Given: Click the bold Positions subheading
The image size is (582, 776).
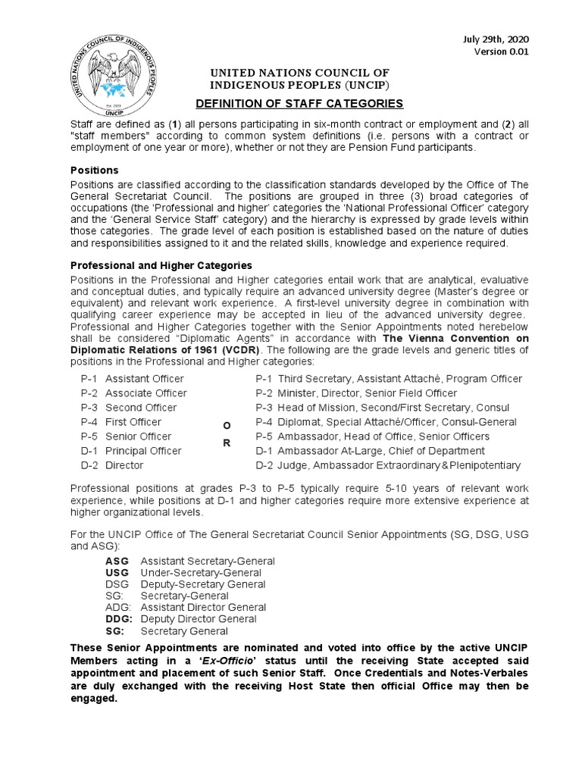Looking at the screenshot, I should pos(94,170).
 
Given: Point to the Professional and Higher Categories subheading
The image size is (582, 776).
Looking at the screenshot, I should pos(161,265).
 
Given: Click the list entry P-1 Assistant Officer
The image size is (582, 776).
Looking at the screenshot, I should pos(132,379).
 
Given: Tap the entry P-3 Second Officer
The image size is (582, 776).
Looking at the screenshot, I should pos(128,408).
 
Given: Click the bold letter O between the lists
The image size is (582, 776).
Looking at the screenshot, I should pos(226,427).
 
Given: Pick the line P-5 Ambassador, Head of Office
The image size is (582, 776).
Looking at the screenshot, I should pos(372,436).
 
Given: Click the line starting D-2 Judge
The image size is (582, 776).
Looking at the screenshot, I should pos(387,465).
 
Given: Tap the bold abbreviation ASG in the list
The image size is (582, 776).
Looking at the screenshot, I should pos(117,561).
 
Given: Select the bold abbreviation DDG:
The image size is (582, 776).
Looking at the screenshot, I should pos(119,619).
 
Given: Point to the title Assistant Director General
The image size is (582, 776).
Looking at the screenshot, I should pos(203,607).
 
